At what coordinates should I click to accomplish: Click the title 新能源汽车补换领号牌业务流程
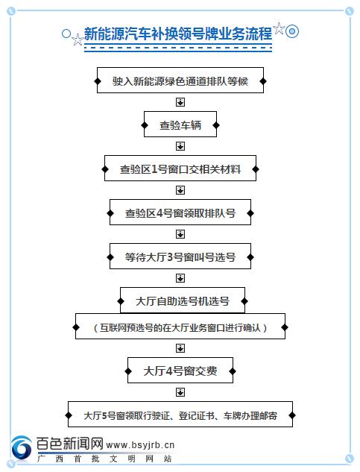pyautogui.click(x=178, y=33)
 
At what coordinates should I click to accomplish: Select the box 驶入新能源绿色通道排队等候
pyautogui.click(x=180, y=81)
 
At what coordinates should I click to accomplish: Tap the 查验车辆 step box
pyautogui.click(x=180, y=125)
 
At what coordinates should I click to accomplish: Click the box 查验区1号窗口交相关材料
pyautogui.click(x=180, y=169)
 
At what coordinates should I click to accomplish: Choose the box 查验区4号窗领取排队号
pyautogui.click(x=180, y=213)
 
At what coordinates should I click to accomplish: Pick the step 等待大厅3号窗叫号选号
pyautogui.click(x=180, y=257)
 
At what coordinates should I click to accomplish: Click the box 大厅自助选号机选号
pyautogui.click(x=183, y=300)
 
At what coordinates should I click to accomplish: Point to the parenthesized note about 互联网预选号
pyautogui.click(x=180, y=327)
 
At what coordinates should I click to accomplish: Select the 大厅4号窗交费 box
pyautogui.click(x=180, y=371)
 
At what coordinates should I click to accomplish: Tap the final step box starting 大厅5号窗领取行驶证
pyautogui.click(x=180, y=414)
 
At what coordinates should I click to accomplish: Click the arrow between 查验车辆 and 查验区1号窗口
pyautogui.click(x=180, y=146)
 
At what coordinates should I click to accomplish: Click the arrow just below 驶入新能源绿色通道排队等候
pyautogui.click(x=180, y=102)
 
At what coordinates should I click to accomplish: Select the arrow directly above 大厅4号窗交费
pyautogui.click(x=180, y=348)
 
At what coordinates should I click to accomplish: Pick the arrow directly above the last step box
pyautogui.click(x=180, y=392)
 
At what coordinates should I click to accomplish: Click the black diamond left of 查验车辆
pyautogui.click(x=145, y=125)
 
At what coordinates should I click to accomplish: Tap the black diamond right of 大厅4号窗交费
pyautogui.click(x=233, y=371)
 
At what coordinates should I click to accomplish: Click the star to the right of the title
pyautogui.click(x=280, y=28)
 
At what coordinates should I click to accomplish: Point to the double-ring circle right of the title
pyautogui.click(x=291, y=31)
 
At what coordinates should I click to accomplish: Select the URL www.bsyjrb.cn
pyautogui.click(x=140, y=445)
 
